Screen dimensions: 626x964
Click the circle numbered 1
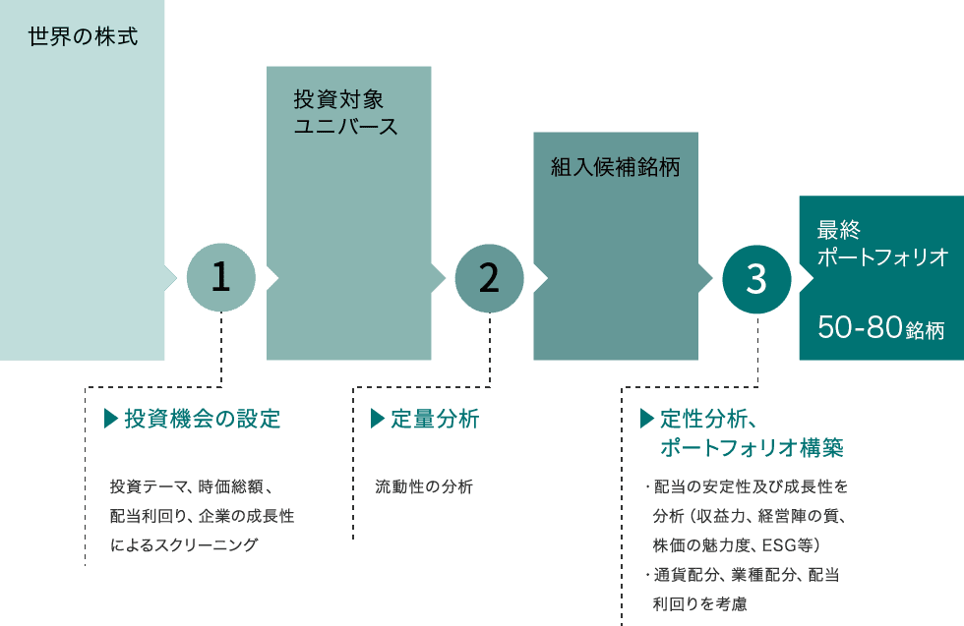tap(221, 279)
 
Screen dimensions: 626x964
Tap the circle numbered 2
tap(489, 279)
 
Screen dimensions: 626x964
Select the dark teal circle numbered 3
tap(756, 279)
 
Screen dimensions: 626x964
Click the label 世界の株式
tap(83, 38)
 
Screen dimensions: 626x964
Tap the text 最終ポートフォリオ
tap(881, 244)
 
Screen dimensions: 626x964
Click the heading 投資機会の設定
tap(203, 420)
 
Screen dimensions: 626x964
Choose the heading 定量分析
tap(434, 420)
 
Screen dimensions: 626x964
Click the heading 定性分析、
tap(707, 420)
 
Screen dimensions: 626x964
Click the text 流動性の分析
tap(424, 486)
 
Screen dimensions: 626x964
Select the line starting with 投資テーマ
tap(198, 486)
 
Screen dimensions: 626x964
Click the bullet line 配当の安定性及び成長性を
tap(750, 486)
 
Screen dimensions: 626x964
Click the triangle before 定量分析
tap(376, 420)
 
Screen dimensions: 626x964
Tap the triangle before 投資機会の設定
tap(109, 420)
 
